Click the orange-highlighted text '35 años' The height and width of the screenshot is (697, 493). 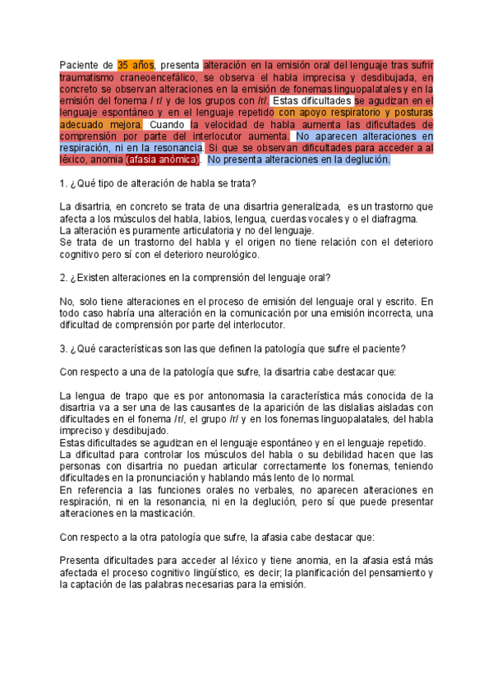click(x=136, y=65)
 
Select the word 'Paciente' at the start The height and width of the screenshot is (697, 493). click(x=80, y=65)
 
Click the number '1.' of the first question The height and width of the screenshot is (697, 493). click(x=64, y=182)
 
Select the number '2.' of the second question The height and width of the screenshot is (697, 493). click(x=64, y=278)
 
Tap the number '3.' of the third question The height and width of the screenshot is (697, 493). click(x=64, y=348)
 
